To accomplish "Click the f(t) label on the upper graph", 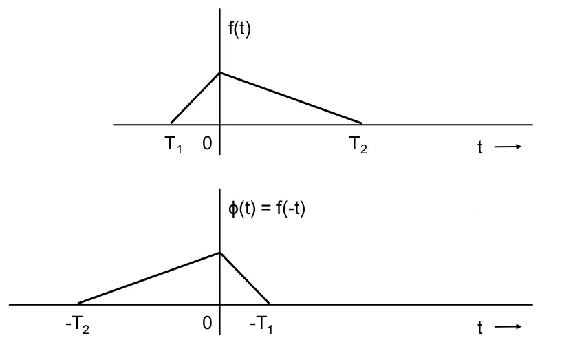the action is coord(239,28).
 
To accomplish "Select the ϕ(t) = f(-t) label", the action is coord(267,209).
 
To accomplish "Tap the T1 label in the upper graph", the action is coord(173,145).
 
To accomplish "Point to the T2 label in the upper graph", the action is coord(358,145).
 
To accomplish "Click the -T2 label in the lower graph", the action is coord(77,325).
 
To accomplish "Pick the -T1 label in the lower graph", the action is coord(261,325).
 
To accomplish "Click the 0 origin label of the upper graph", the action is coord(207,144).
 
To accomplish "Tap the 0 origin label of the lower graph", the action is coord(207,324).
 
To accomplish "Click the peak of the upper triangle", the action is coord(220,73).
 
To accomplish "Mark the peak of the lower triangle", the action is coord(220,253).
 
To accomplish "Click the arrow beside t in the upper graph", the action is coord(508,147).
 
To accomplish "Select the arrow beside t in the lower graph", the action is coord(508,326).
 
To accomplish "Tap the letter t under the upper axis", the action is coord(480,147).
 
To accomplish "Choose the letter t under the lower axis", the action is coord(480,328).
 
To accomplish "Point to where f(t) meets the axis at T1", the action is coord(171,123).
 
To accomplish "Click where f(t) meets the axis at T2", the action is coord(362,123).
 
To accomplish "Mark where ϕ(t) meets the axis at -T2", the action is coord(78,304).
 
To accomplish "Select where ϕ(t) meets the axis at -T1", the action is coord(269,304).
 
